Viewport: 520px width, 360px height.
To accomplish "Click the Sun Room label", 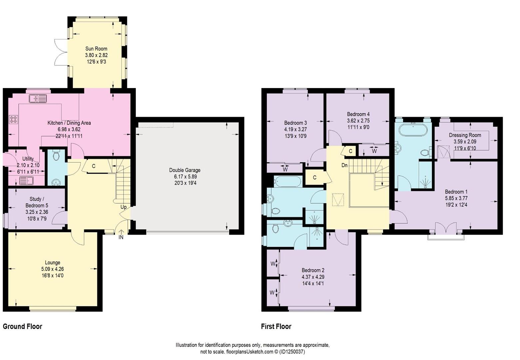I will tap(96, 49).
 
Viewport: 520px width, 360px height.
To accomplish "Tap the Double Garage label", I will tap(185, 170).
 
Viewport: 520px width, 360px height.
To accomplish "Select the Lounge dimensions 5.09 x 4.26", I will tap(52, 269).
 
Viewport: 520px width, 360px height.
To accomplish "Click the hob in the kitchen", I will tap(13, 119).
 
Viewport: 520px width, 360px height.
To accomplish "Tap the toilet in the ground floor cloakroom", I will tap(56, 156).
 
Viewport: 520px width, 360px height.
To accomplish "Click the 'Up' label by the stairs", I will tap(123, 207).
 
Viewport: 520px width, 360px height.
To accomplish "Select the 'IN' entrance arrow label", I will tap(121, 237).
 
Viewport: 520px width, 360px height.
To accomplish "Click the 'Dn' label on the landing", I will tap(344, 165).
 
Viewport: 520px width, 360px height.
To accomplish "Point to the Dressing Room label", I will tap(465, 135).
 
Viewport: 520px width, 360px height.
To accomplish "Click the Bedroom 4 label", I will tap(358, 114).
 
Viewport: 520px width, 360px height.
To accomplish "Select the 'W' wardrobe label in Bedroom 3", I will tap(285, 169).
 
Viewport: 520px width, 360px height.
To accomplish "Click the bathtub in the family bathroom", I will tap(287, 182).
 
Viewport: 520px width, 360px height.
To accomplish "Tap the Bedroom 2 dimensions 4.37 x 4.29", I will tap(313, 277).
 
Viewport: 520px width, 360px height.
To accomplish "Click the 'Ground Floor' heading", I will tap(23, 326).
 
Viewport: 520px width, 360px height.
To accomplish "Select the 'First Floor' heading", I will tap(276, 326).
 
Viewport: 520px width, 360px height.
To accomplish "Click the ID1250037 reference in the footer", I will tap(292, 352).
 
